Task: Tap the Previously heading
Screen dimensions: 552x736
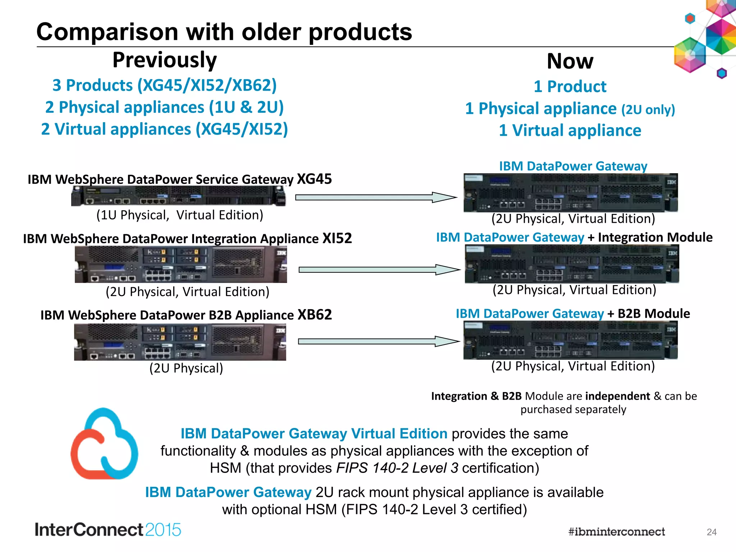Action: (x=165, y=60)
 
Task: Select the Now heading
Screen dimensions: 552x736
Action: (x=570, y=61)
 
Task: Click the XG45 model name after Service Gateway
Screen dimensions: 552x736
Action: (x=314, y=179)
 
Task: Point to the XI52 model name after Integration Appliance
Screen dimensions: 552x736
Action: (x=337, y=238)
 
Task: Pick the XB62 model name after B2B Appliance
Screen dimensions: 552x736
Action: (x=314, y=315)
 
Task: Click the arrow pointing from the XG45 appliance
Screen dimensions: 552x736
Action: (x=376, y=197)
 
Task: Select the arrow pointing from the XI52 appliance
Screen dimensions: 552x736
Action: (x=379, y=270)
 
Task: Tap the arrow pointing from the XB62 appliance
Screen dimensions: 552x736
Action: (x=378, y=341)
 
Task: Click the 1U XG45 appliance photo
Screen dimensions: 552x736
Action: (x=179, y=197)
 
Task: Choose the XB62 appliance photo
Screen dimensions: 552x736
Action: (x=180, y=342)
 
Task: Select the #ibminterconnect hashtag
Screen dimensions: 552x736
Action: (x=616, y=532)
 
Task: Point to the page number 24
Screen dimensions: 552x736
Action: (x=711, y=532)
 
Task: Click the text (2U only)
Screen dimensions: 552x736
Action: (x=648, y=110)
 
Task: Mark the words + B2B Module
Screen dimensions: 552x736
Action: (x=648, y=314)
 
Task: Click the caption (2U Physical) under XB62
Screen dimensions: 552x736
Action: (x=186, y=368)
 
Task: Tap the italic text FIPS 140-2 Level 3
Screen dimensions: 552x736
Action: (x=397, y=468)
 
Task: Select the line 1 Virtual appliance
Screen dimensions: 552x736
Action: (x=570, y=130)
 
